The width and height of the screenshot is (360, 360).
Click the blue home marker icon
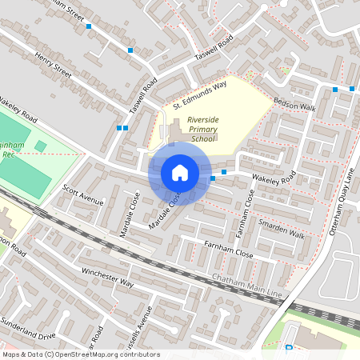coord(180,173)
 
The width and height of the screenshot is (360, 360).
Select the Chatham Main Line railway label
coord(248,286)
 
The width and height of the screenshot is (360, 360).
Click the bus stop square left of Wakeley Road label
coord(224,172)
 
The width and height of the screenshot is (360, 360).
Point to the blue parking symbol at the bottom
coord(288,347)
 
